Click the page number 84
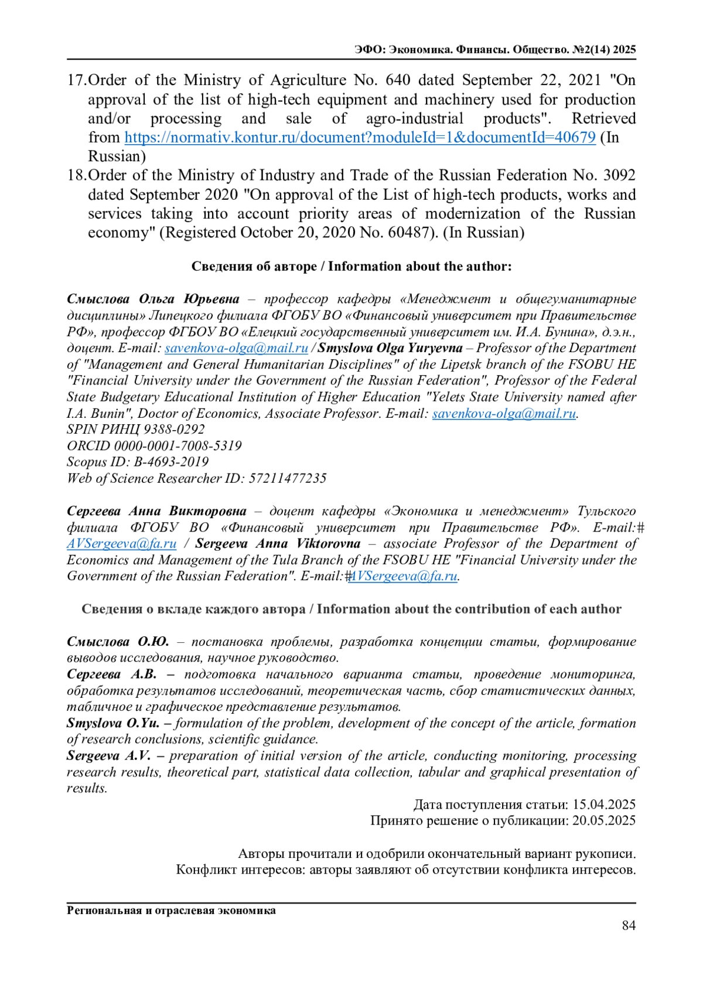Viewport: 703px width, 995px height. click(x=629, y=925)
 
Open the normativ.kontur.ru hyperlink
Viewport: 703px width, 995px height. click(x=360, y=138)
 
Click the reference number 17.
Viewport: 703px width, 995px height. click(x=76, y=80)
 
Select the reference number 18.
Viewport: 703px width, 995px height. click(x=76, y=175)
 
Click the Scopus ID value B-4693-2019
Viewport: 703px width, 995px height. click(x=171, y=462)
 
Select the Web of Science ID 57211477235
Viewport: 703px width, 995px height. click(x=287, y=479)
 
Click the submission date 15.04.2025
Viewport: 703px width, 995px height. click(x=603, y=805)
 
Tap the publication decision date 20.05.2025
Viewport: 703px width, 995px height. click(x=603, y=821)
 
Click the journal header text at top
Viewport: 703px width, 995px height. click(x=495, y=50)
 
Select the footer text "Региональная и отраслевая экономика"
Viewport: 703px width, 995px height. click(x=171, y=911)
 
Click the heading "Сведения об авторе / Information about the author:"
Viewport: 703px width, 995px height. click(x=351, y=267)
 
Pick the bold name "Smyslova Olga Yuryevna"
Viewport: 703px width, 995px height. click(x=390, y=348)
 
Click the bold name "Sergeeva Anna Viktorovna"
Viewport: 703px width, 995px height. click(x=278, y=544)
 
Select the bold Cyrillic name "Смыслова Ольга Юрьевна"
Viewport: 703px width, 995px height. click(x=153, y=299)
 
